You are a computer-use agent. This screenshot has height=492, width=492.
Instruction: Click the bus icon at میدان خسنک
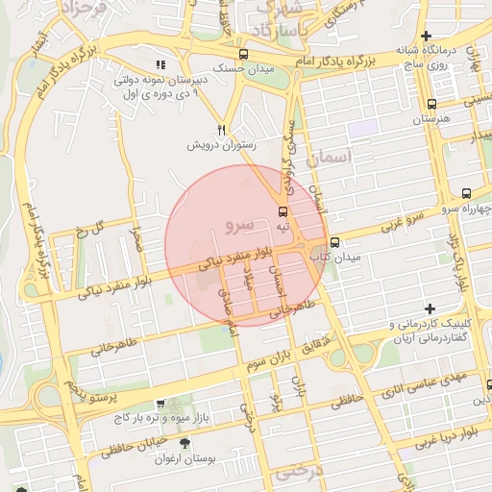pyautogui.click(x=242, y=55)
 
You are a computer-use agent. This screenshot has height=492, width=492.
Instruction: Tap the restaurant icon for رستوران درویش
pyautogui.click(x=222, y=130)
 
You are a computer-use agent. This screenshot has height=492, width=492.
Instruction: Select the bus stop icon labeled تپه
pyautogui.click(x=283, y=210)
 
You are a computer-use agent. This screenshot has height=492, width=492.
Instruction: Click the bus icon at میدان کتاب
pyautogui.click(x=334, y=242)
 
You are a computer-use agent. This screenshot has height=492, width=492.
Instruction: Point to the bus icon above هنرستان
pyautogui.click(x=430, y=105)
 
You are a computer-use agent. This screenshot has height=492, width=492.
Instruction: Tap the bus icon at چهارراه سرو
pyautogui.click(x=466, y=193)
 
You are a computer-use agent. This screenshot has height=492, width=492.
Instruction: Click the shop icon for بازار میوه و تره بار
pyautogui.click(x=159, y=405)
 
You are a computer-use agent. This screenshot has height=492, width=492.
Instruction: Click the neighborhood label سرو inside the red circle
pyautogui.click(x=237, y=225)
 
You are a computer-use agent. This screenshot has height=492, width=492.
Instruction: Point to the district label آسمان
pyautogui.click(x=333, y=157)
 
